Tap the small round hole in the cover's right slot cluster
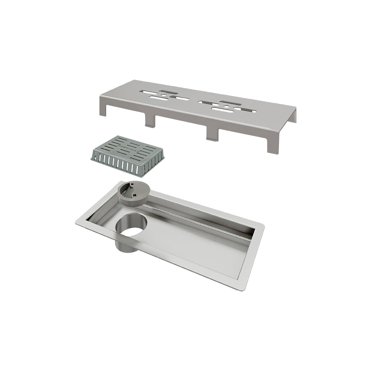click(x=226, y=106)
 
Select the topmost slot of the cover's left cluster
click(x=168, y=91)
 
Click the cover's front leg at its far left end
click(x=103, y=110)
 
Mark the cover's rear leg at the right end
click(x=293, y=116)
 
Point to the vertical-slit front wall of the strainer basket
click(x=119, y=165)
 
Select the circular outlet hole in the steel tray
click(x=131, y=226)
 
